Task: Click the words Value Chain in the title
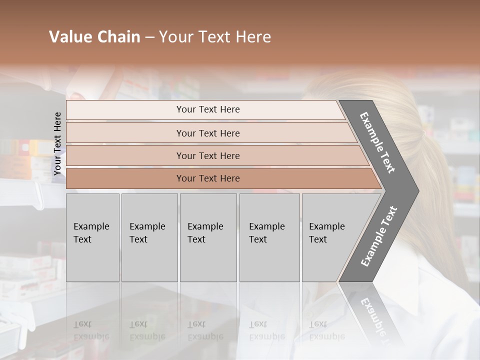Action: click(94, 37)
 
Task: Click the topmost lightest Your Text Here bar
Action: click(208, 109)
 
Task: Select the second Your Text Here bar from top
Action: click(208, 133)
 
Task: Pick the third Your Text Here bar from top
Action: click(208, 155)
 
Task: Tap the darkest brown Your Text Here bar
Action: click(208, 178)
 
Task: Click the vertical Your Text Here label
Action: click(57, 144)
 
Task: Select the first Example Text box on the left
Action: click(92, 237)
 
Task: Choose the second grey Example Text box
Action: click(149, 237)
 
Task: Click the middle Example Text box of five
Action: click(208, 237)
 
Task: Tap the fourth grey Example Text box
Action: click(269, 237)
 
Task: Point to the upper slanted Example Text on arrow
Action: click(377, 142)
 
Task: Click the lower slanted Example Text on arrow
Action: click(378, 236)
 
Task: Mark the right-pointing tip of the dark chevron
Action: click(417, 190)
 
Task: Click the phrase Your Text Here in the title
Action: click(215, 37)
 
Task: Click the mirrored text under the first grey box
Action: click(91, 330)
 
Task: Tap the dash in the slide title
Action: click(149, 37)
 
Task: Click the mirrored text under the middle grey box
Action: click(205, 330)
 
